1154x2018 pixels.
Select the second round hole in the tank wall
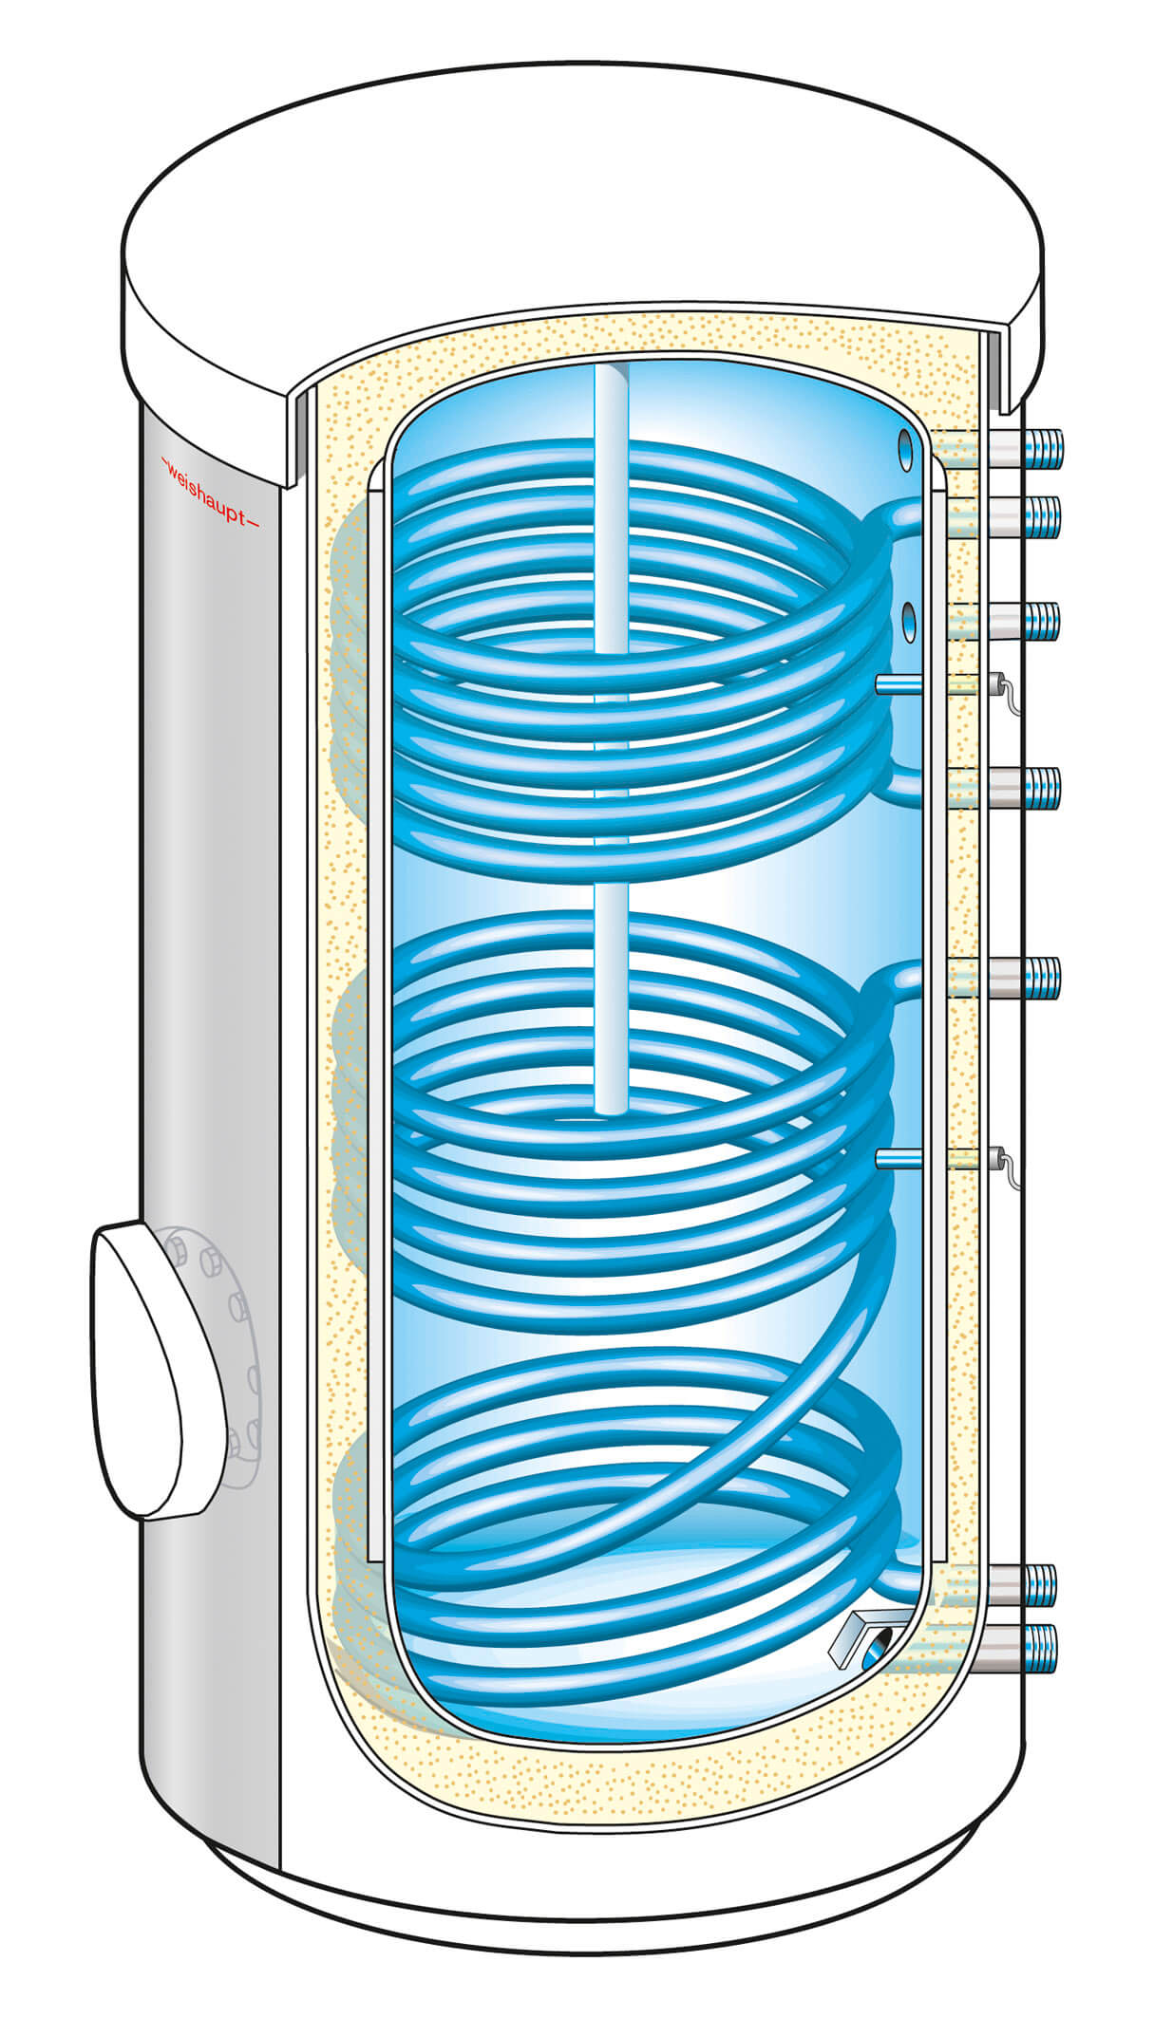[x=908, y=620]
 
